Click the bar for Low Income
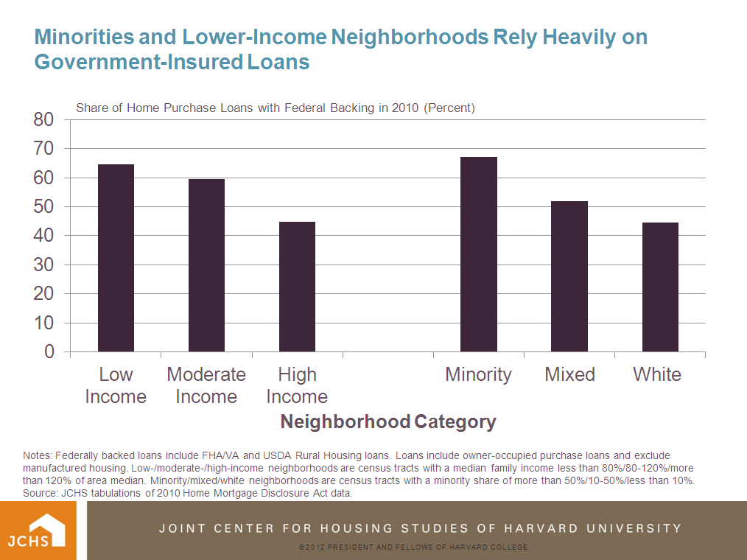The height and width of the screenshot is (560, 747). tap(116, 258)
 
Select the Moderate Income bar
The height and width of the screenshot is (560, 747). tap(206, 265)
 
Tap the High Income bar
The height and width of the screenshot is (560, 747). tap(297, 287)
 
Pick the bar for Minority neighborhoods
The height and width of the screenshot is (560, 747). tap(479, 254)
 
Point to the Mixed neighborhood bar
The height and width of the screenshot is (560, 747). tap(569, 276)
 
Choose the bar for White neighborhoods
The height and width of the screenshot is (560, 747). tap(660, 287)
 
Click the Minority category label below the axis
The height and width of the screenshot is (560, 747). tap(478, 374)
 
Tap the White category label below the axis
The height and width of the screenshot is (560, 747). tap(657, 374)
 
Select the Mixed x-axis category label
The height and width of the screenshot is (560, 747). tap(569, 374)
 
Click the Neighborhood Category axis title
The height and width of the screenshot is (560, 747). tap(388, 421)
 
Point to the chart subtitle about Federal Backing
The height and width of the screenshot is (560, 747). tap(276, 108)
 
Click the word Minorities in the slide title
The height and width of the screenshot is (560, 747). tap(86, 37)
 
